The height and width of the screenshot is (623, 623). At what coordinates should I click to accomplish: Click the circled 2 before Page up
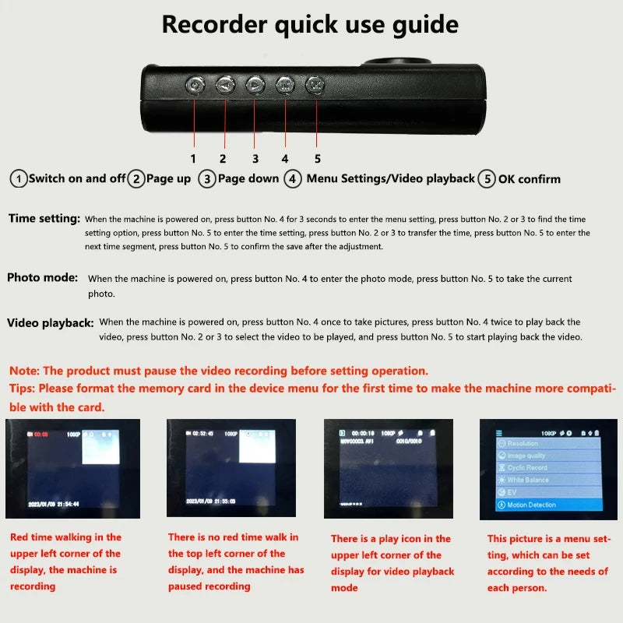[136, 178]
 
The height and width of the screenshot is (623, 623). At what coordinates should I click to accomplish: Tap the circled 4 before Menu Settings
[293, 178]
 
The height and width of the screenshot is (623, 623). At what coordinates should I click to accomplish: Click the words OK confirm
[529, 178]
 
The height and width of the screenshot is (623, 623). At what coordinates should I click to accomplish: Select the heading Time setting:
[44, 219]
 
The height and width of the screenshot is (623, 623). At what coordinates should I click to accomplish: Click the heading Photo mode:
[43, 277]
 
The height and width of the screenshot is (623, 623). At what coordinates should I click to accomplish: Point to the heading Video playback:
[50, 322]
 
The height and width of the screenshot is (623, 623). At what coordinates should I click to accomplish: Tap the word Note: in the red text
[24, 371]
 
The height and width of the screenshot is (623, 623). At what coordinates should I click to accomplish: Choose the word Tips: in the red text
[23, 388]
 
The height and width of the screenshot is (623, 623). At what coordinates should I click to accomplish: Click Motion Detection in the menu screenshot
[532, 505]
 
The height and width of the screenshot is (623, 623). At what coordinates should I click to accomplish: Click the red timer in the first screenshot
[40, 434]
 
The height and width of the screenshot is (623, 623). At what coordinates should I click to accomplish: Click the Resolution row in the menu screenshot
[523, 443]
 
